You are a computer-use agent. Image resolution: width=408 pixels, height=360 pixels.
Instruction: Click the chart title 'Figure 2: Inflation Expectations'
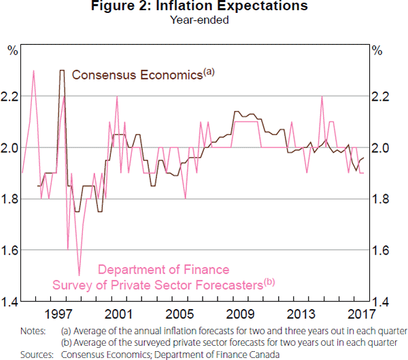tap(204, 7)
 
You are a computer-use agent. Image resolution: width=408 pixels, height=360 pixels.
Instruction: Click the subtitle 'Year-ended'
tap(204, 20)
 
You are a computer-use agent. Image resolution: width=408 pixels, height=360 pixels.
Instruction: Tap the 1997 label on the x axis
tap(59, 315)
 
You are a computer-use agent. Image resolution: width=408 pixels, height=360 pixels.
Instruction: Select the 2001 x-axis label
tap(120, 315)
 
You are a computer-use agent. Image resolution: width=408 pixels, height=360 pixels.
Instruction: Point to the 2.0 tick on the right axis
tap(381, 148)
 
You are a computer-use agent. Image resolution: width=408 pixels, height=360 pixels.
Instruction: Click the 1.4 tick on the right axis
tap(381, 302)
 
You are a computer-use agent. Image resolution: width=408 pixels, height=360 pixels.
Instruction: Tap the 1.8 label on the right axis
tap(381, 199)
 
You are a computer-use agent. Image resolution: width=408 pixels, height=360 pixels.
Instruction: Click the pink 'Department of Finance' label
tap(164, 270)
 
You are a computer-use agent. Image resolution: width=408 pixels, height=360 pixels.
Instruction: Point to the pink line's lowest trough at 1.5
tap(80, 275)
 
